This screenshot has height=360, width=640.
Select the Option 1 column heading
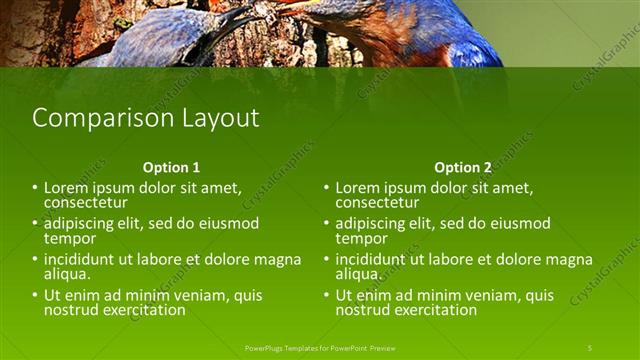pyautogui.click(x=171, y=167)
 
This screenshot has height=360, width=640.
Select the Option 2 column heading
pyautogui.click(x=463, y=167)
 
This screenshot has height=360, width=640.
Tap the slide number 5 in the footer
pyautogui.click(x=589, y=347)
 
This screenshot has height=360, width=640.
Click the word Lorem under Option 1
pyautogui.click(x=67, y=187)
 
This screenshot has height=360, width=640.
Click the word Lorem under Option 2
pyautogui.click(x=359, y=187)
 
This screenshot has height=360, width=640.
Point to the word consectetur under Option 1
pyautogui.click(x=85, y=203)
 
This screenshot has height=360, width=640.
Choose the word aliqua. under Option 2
pyautogui.click(x=357, y=274)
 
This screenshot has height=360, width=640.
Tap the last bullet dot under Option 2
pyautogui.click(x=327, y=295)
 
